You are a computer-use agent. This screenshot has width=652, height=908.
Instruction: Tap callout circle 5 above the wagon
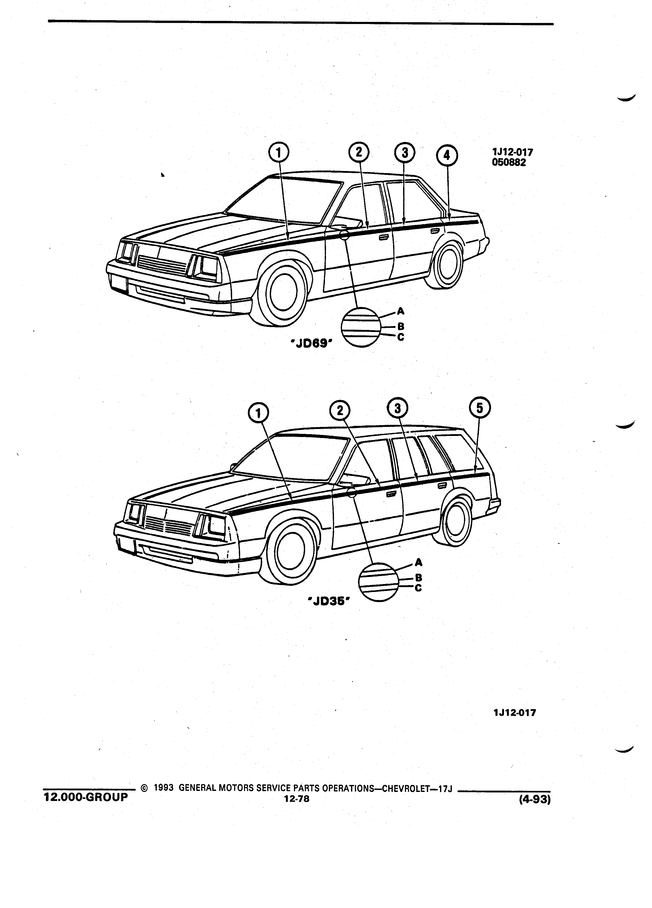[479, 408]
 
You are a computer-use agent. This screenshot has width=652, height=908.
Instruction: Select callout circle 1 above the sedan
[279, 152]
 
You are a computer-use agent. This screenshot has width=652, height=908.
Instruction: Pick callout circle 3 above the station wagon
[397, 408]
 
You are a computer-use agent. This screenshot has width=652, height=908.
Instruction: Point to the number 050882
[509, 163]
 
